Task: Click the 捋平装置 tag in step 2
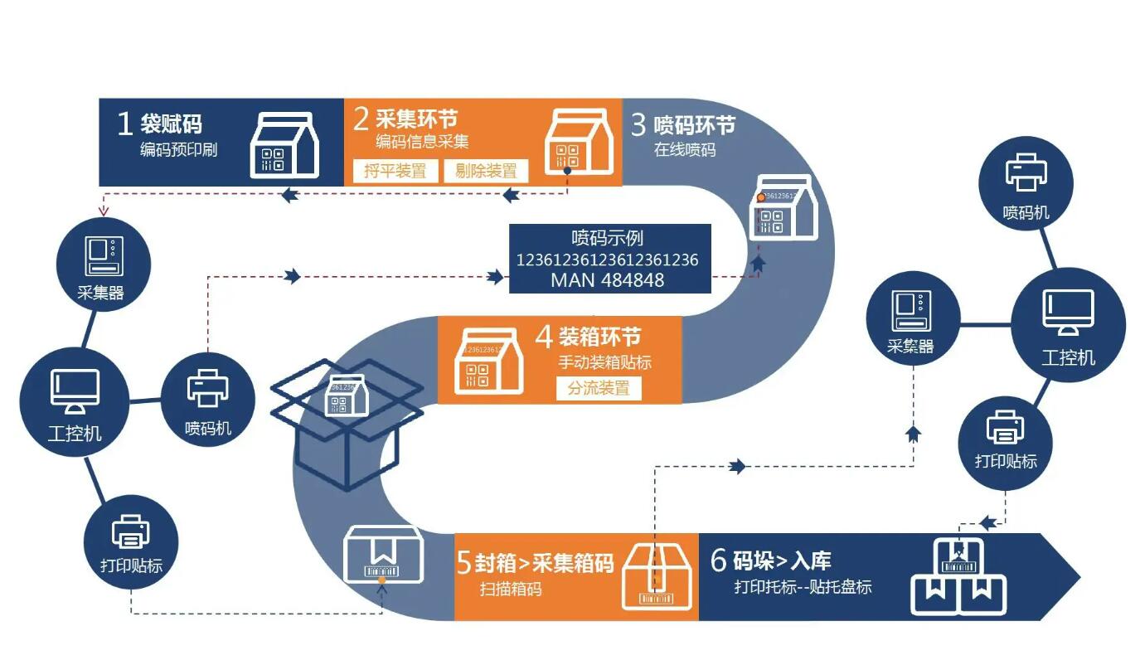pyautogui.click(x=395, y=171)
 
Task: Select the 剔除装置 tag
pyautogui.click(x=486, y=171)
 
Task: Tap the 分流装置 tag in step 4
pyautogui.click(x=599, y=387)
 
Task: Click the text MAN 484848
pyautogui.click(x=607, y=280)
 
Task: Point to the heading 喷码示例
pyautogui.click(x=607, y=239)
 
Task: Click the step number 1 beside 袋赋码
pyautogui.click(x=124, y=124)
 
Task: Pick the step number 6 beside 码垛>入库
pyautogui.click(x=719, y=561)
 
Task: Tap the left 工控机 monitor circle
pyautogui.click(x=75, y=401)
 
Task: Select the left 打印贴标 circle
pyautogui.click(x=131, y=541)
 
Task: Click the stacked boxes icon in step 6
pyautogui.click(x=959, y=577)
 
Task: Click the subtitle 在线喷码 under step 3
pyautogui.click(x=684, y=150)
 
